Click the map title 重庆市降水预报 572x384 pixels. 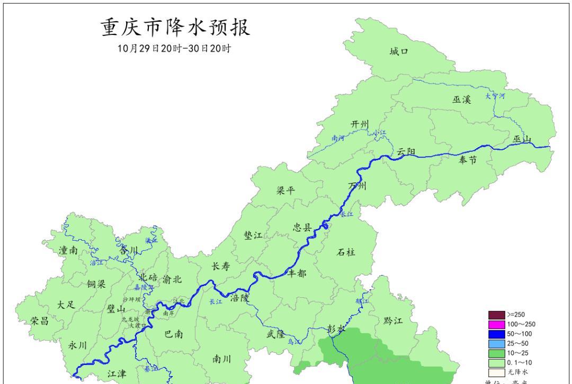[x=175, y=28]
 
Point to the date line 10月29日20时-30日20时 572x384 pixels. [x=174, y=49]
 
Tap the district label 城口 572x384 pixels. [x=399, y=51]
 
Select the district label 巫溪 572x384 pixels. [x=461, y=99]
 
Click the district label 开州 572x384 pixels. [x=360, y=124]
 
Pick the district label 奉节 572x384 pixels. [x=468, y=160]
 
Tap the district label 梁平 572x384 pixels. [x=286, y=191]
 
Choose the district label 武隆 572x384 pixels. [x=275, y=334]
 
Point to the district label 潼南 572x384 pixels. [x=68, y=251]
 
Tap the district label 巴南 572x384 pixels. [x=174, y=334]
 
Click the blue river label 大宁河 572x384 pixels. [x=496, y=97]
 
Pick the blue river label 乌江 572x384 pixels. [x=293, y=342]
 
